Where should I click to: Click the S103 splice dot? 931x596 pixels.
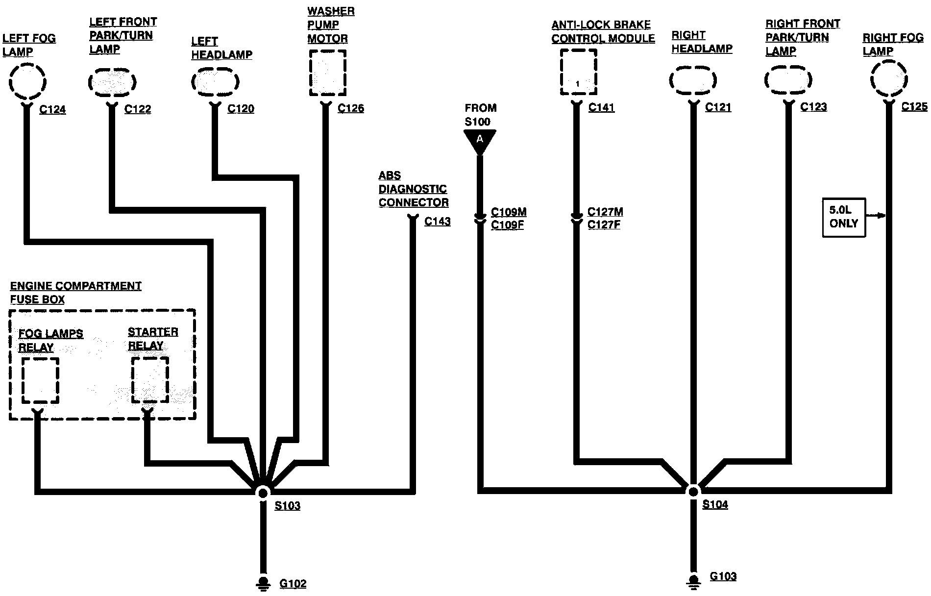(x=263, y=492)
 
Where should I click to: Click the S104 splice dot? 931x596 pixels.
(x=693, y=491)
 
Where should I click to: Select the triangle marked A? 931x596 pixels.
(x=480, y=141)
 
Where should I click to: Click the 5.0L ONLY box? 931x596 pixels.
(x=843, y=217)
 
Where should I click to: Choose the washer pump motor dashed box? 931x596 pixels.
(x=327, y=73)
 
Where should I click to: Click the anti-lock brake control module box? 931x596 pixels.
(x=578, y=72)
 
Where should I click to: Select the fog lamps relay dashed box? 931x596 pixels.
(x=40, y=380)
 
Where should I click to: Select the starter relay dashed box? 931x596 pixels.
(x=150, y=379)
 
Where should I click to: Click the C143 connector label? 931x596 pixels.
(x=437, y=222)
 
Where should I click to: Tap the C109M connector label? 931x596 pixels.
(x=509, y=212)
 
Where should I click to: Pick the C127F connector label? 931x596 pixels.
(x=604, y=225)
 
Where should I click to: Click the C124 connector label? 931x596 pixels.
(x=52, y=110)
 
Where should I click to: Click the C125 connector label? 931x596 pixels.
(x=914, y=107)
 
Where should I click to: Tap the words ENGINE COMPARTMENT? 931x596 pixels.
(x=76, y=286)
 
